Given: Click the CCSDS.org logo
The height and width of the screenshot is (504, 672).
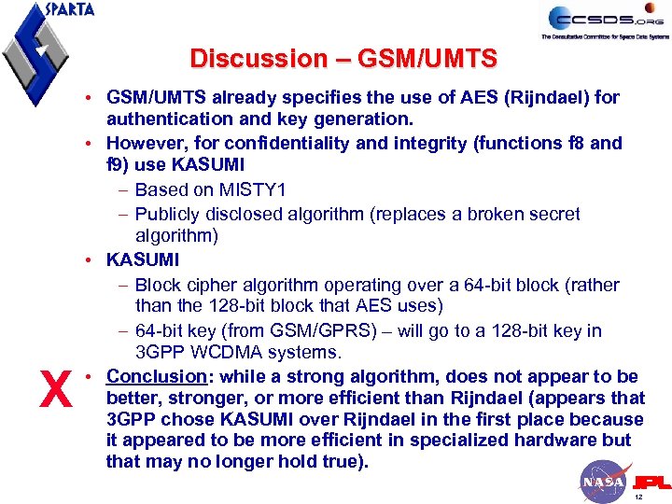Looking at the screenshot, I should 608,21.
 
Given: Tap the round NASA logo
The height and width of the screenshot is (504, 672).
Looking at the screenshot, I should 603,481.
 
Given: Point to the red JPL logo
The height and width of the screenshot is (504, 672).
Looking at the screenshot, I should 651,483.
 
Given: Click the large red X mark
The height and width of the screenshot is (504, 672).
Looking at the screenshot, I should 57,389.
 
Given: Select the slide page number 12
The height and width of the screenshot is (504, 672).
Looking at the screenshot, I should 638,497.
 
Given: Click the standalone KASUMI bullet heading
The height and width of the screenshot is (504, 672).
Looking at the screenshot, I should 143,260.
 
